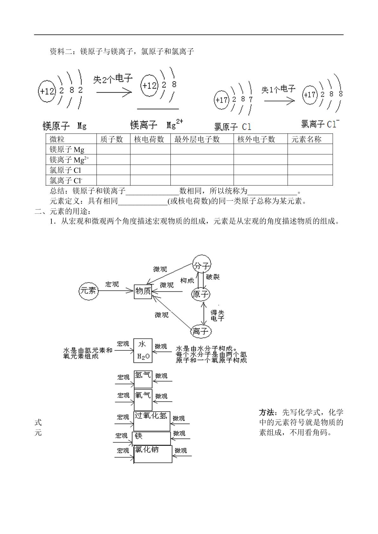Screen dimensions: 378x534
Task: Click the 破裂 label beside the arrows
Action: (x=213, y=277)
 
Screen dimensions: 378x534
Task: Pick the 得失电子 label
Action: (x=217, y=316)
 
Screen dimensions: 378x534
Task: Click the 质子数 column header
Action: (x=111, y=139)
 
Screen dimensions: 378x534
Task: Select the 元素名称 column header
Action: (x=306, y=139)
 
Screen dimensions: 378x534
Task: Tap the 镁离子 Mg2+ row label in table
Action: (x=69, y=160)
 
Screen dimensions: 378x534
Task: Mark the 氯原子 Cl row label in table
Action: (x=65, y=170)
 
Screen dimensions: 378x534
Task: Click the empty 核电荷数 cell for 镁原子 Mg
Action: (x=150, y=149)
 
